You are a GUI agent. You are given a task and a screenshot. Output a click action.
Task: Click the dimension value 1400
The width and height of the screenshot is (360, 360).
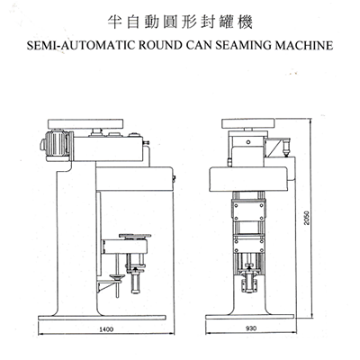click(x=106, y=329)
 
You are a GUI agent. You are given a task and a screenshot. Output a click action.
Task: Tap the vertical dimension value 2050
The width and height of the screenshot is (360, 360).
click(x=306, y=218)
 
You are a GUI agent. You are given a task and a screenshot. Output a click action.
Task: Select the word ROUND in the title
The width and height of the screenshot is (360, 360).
click(x=160, y=45)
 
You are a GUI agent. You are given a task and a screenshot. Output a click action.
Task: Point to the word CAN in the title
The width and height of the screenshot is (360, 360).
click(x=199, y=45)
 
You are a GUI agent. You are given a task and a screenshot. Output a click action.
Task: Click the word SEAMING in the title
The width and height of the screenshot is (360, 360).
click(x=243, y=45)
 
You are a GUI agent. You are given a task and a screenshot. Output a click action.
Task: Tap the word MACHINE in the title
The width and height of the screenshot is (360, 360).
click(x=304, y=45)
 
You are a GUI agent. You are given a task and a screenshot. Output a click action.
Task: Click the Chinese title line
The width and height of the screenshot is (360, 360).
click(x=180, y=22)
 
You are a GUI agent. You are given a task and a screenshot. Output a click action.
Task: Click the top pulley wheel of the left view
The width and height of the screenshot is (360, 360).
click(x=85, y=123)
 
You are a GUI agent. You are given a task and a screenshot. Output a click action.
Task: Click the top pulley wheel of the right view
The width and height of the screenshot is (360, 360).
click(x=248, y=123)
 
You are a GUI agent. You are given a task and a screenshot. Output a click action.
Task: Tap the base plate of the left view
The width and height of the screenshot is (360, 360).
click(x=102, y=318)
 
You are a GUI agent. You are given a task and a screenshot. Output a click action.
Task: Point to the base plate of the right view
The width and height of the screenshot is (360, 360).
click(x=249, y=317)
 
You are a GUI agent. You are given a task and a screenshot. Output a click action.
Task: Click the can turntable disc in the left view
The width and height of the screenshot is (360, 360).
click(x=135, y=236)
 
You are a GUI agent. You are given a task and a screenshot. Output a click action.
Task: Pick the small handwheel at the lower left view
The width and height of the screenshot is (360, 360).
click(x=117, y=277)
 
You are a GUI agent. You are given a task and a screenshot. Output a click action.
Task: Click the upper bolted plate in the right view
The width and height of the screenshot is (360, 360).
click(x=248, y=211)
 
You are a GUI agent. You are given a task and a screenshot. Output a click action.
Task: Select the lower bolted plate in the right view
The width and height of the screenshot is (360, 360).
click(x=248, y=245)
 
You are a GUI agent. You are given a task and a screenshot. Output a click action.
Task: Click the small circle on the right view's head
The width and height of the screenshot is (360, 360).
click(x=247, y=142)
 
